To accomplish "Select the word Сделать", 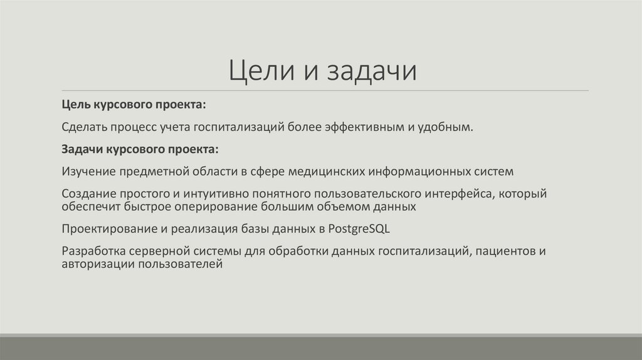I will pos(86,127).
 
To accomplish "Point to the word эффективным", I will pos(360,127).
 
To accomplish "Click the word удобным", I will pos(444,127).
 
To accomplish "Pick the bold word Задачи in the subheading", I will pos(82,151).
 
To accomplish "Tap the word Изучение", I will pos(88,171).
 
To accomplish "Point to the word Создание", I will pos(87,194).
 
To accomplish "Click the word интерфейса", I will pos(460,194).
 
